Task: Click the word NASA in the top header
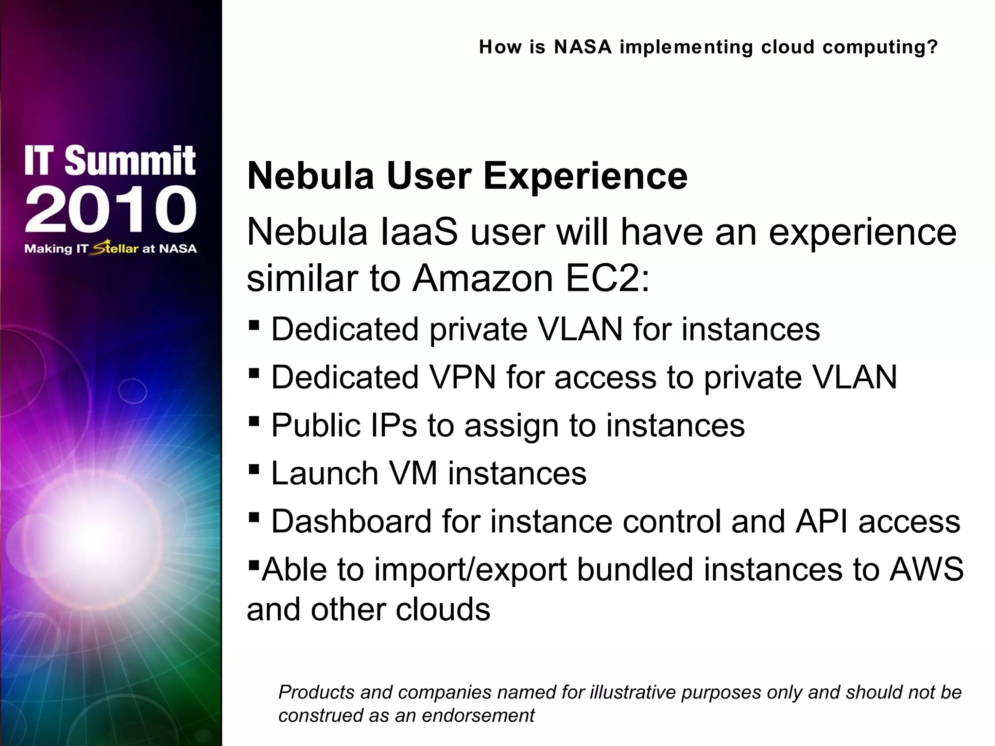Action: tap(583, 47)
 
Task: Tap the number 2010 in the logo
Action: tap(111, 210)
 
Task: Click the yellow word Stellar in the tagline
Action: tap(116, 248)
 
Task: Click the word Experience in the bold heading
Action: tap(585, 176)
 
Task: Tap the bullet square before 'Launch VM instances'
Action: tap(254, 469)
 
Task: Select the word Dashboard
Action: tap(351, 521)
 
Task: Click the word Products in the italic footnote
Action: tap(316, 692)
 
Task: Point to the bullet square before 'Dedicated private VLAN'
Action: tap(254, 325)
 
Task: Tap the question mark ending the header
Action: tap(932, 47)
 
